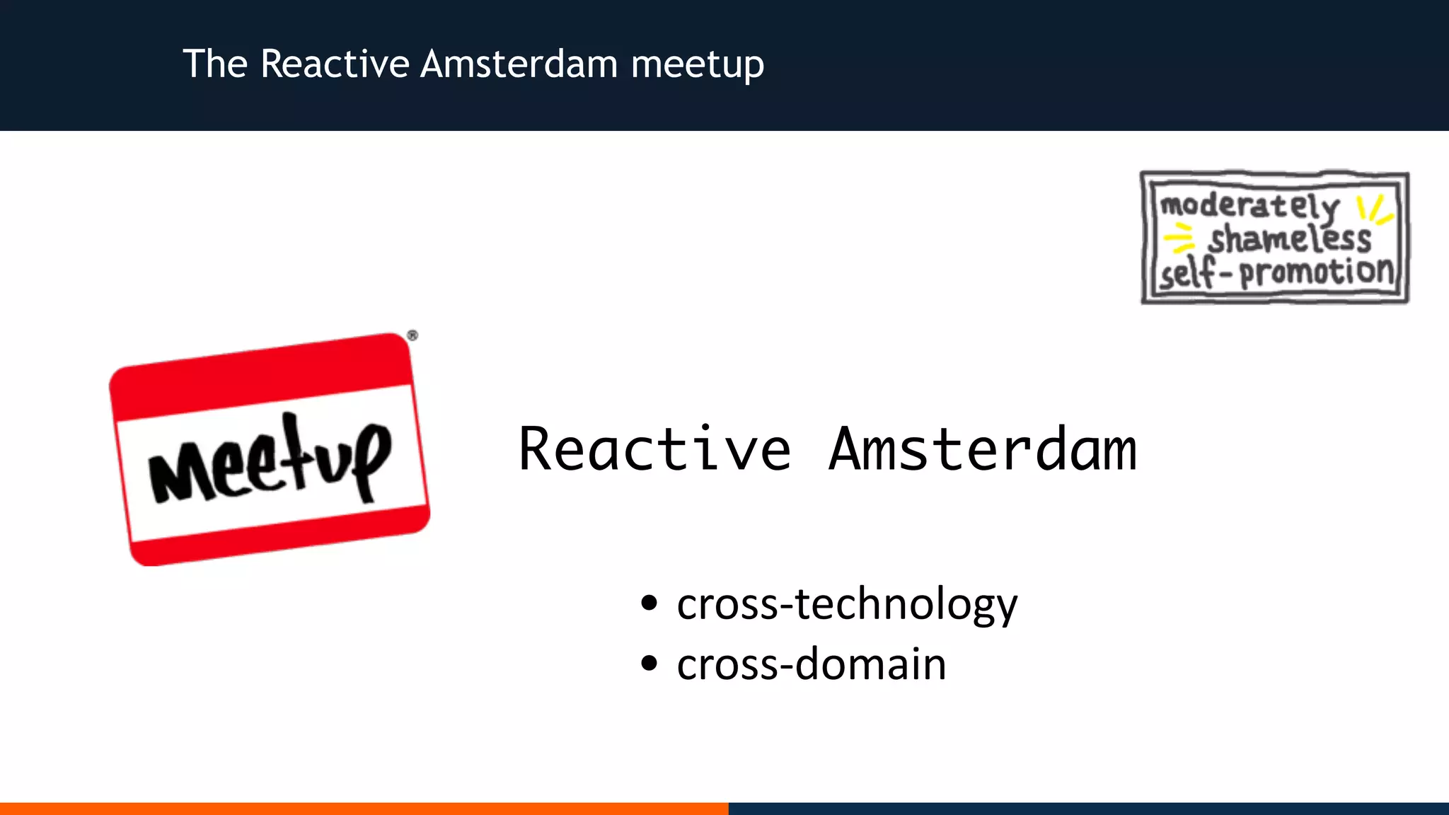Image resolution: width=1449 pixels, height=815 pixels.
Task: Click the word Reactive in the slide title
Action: (335, 64)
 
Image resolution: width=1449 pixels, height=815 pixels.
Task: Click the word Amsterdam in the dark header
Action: (519, 64)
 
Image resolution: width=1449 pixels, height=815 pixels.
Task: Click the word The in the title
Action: (215, 64)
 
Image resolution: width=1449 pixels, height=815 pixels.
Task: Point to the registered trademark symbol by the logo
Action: (412, 335)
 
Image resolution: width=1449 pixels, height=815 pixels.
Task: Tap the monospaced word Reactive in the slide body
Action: (654, 449)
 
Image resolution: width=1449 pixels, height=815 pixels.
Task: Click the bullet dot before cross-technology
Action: (649, 603)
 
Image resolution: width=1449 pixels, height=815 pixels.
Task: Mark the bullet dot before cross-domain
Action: (649, 664)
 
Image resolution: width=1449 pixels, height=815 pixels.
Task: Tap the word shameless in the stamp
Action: (1289, 238)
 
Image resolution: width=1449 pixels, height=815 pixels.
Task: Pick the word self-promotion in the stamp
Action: (1276, 272)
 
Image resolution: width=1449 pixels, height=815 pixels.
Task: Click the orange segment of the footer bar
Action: (364, 808)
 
